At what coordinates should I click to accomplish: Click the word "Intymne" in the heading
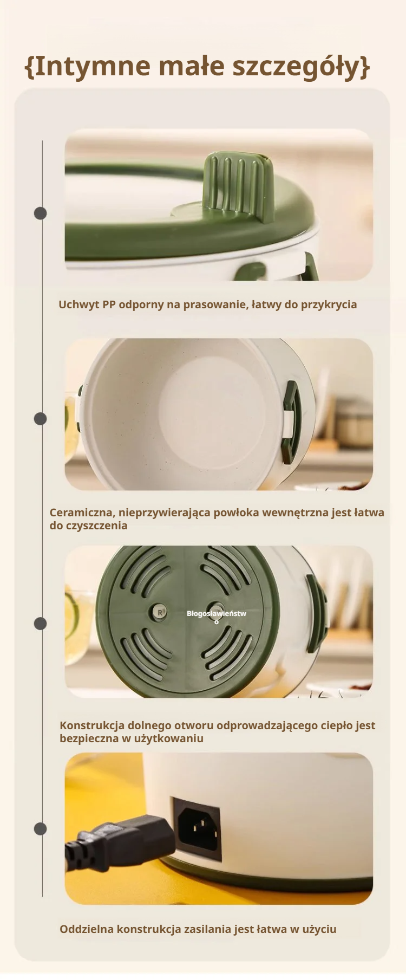tap(93, 66)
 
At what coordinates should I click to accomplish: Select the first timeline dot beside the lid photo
tap(41, 213)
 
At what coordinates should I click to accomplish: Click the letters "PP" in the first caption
tap(109, 304)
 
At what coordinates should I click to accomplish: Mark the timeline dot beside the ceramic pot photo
tap(41, 418)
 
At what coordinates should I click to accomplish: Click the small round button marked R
tap(160, 612)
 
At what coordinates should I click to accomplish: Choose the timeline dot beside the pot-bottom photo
tap(41, 624)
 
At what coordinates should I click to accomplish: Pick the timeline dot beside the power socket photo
tap(41, 828)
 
